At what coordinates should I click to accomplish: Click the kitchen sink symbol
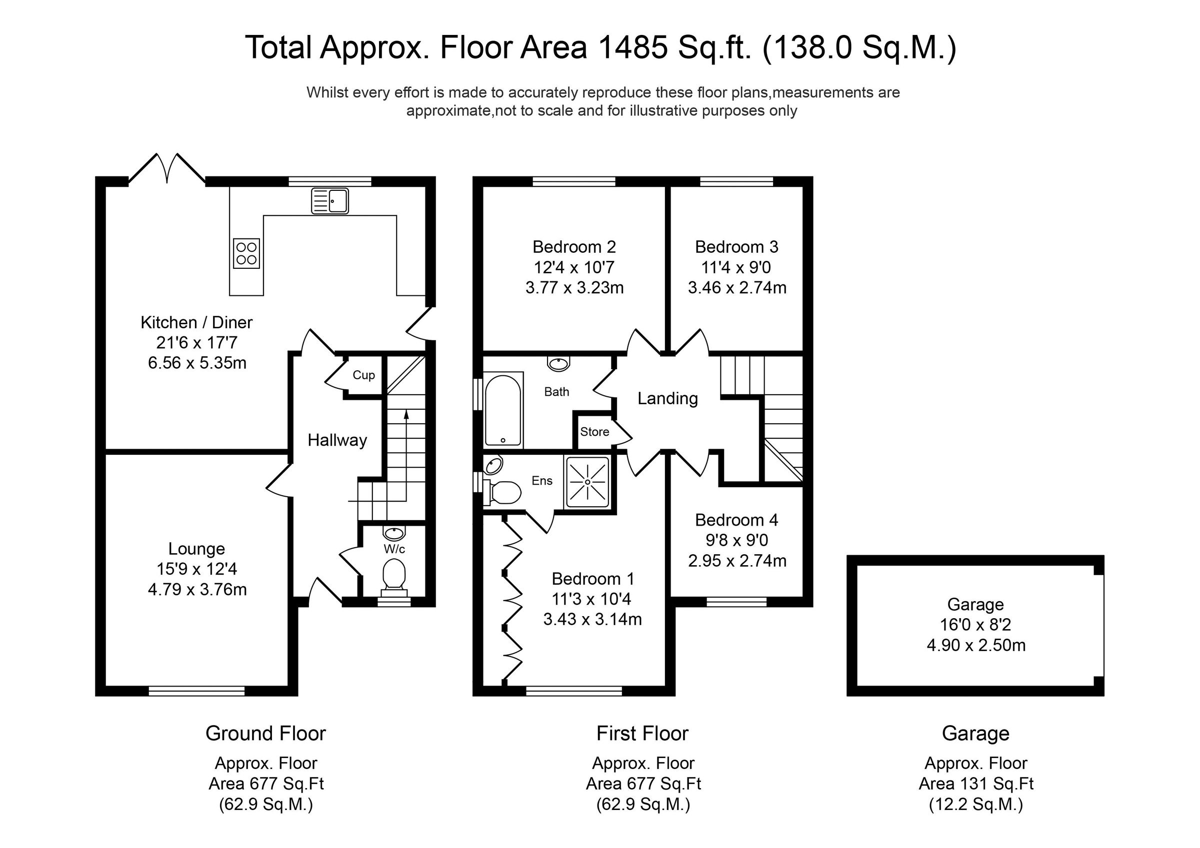pyautogui.click(x=330, y=201)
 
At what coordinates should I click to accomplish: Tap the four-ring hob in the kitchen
pyautogui.click(x=246, y=253)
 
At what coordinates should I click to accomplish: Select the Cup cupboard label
pyautogui.click(x=364, y=375)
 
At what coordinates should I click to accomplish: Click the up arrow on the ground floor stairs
pyautogui.click(x=405, y=415)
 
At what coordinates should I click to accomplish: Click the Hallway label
pyautogui.click(x=337, y=440)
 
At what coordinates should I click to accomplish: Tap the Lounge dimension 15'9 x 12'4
pyautogui.click(x=196, y=569)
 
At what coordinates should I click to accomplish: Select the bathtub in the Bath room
pyautogui.click(x=503, y=410)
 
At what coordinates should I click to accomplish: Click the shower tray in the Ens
pyautogui.click(x=587, y=482)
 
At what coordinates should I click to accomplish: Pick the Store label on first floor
pyautogui.click(x=594, y=432)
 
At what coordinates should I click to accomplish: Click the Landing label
pyautogui.click(x=667, y=399)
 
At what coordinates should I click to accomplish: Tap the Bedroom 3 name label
pyautogui.click(x=736, y=247)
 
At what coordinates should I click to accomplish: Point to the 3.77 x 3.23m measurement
pyautogui.click(x=574, y=287)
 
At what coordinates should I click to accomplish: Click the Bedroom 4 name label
pyautogui.click(x=736, y=520)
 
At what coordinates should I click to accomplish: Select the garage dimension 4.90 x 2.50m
pyautogui.click(x=976, y=645)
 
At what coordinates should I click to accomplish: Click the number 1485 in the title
pyautogui.click(x=633, y=47)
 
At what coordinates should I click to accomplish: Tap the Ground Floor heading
pyautogui.click(x=265, y=733)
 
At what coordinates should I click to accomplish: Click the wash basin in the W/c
pyautogui.click(x=393, y=534)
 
